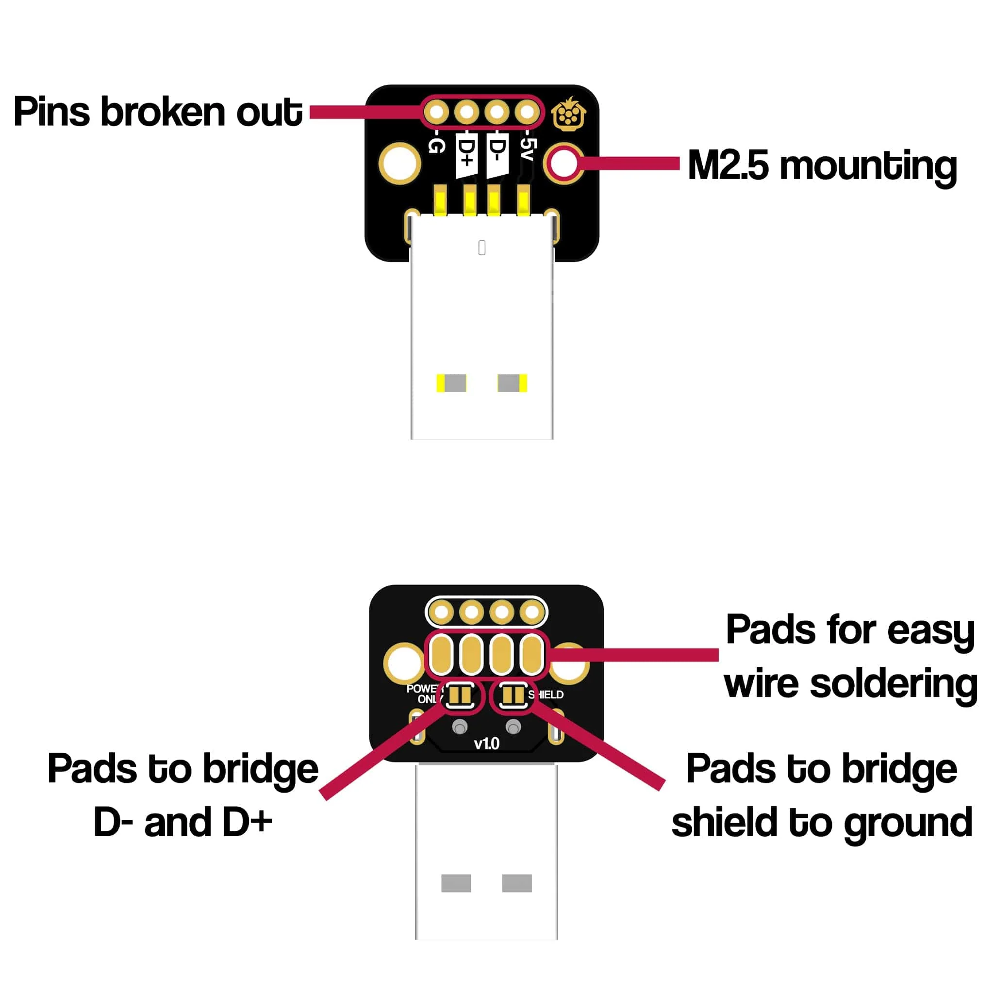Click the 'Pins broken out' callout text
pos(157,112)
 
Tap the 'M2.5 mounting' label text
pos(822,166)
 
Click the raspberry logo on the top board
pos(568,114)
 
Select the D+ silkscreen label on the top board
pos(466,154)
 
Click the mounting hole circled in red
pos(563,164)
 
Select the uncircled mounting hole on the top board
pos(399,164)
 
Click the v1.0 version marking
pos(486,744)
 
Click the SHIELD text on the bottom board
pos(547,695)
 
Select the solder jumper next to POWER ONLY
pos(460,696)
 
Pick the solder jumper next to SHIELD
pos(513,696)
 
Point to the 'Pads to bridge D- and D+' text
pos(182,795)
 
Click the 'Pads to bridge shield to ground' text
pos(822,795)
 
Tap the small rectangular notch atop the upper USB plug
pos(481,248)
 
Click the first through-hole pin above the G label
pos(436,112)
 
